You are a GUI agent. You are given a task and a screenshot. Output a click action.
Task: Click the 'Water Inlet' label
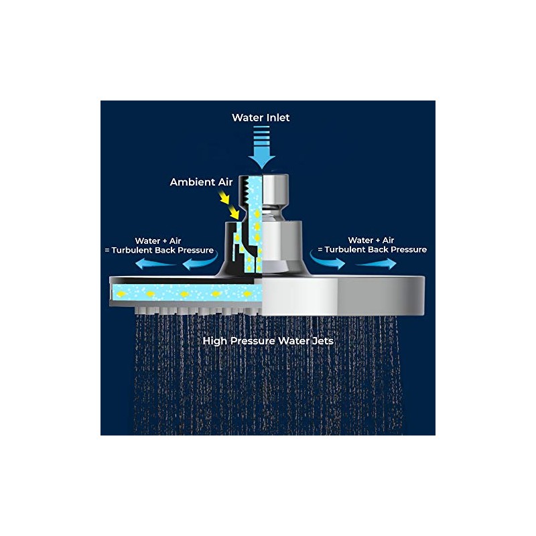pyautogui.click(x=261, y=118)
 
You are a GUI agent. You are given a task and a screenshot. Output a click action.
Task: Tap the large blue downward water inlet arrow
pyautogui.click(x=262, y=147)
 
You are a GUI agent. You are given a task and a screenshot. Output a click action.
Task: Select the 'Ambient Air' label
pyautogui.click(x=202, y=182)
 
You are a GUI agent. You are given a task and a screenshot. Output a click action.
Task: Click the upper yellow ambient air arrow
pyautogui.click(x=224, y=198)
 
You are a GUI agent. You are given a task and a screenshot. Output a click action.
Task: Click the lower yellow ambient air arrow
pyautogui.click(x=234, y=212)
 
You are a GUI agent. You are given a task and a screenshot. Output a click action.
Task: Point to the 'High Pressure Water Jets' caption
pyautogui.click(x=268, y=341)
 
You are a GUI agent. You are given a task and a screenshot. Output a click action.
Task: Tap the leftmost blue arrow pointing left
pyautogui.click(x=155, y=263)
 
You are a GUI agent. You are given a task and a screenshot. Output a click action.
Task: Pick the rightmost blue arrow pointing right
pyautogui.click(x=376, y=263)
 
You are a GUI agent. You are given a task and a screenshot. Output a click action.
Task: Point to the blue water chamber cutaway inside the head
pyautogui.click(x=187, y=293)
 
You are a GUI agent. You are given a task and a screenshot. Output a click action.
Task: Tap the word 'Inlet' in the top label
pyautogui.click(x=275, y=118)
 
